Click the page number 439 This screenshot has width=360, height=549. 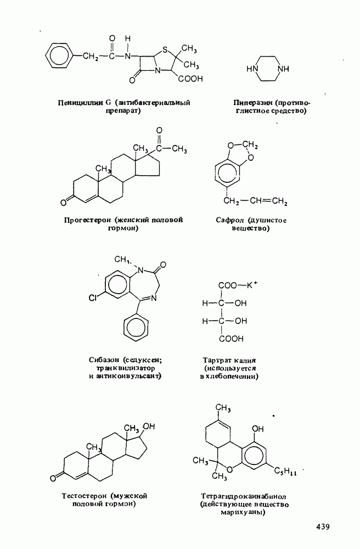[x=323, y=526]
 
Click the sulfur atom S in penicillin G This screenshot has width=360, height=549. [x=165, y=50]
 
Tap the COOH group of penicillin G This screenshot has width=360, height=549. [x=190, y=79]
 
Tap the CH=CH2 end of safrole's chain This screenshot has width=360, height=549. [x=269, y=201]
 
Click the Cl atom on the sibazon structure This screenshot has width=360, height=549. [x=93, y=298]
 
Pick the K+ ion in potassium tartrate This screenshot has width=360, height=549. [x=252, y=285]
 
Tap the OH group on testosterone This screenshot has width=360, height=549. [x=148, y=427]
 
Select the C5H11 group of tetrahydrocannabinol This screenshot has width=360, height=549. [x=285, y=472]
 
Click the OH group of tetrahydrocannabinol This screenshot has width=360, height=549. [x=258, y=429]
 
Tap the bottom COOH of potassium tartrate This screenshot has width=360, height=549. [x=231, y=339]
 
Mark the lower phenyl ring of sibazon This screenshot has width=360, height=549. [x=136, y=327]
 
